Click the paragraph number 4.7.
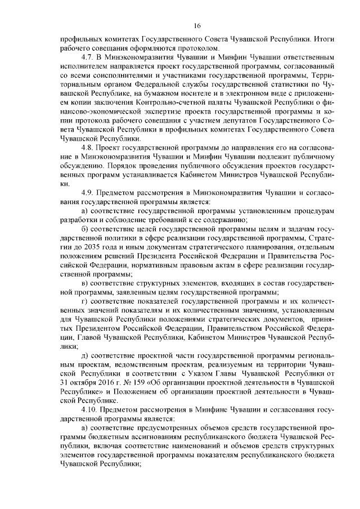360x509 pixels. tap(88, 58)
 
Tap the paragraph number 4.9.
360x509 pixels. tap(88, 192)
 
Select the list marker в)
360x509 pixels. tap(85, 282)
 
